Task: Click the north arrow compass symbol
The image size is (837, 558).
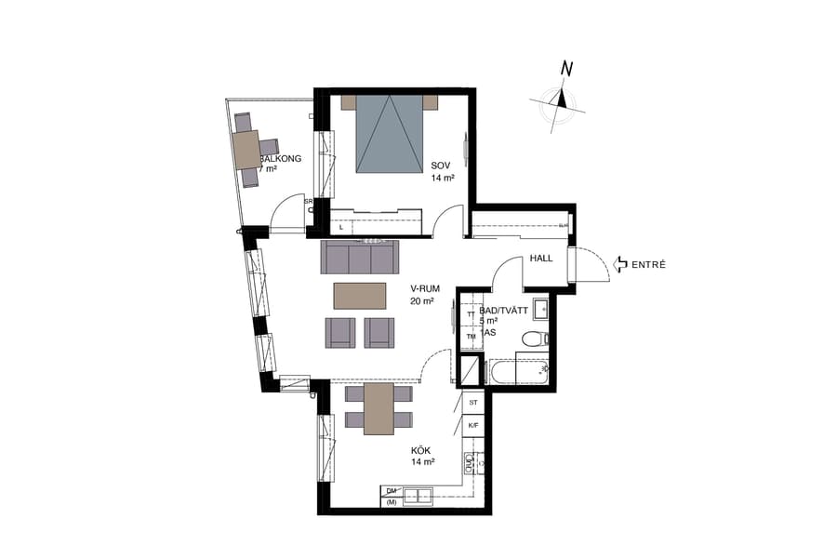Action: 560,100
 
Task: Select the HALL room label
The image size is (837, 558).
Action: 541,259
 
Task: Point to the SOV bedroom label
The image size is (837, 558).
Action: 441,166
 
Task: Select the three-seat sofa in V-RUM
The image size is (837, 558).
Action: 358,256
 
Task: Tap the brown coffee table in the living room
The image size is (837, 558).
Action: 361,295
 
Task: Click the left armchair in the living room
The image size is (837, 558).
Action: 341,332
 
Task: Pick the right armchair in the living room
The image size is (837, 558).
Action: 380,332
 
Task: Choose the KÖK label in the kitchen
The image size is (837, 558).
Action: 421,450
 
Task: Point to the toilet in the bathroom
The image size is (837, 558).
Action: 532,339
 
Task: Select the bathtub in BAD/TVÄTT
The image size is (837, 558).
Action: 519,373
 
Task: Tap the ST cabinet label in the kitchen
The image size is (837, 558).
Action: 473,403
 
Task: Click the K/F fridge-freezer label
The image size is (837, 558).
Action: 473,426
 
